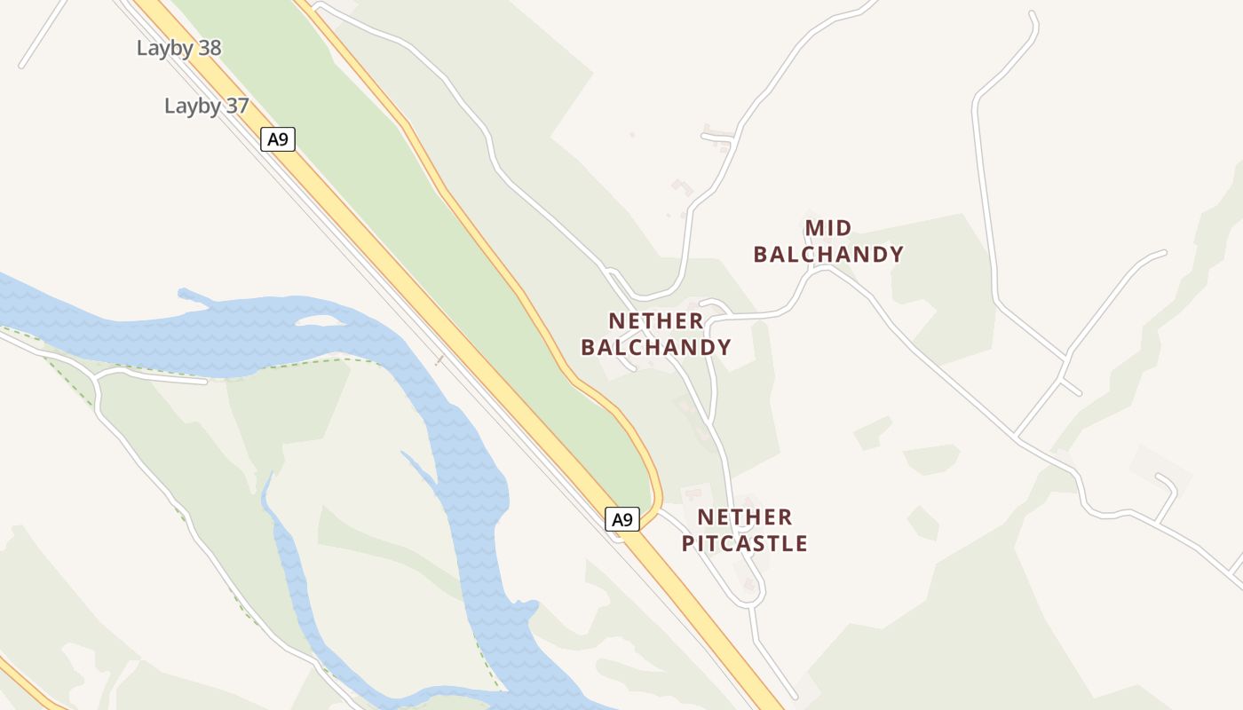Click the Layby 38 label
coord(178,48)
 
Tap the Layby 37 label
coord(206,106)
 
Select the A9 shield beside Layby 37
coord(277,139)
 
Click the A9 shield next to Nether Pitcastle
coord(622,519)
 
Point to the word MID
coord(828,228)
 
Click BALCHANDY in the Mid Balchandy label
coord(828,255)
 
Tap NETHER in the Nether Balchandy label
coord(656,320)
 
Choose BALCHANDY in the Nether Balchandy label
coord(656,347)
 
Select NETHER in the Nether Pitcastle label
coord(745,517)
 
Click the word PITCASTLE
coord(745,543)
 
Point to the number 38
coord(209,48)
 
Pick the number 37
coord(236,106)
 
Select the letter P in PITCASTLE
coord(688,543)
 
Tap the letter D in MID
coord(843,228)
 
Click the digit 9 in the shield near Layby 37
coord(283,139)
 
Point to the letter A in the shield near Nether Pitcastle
coord(617,519)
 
